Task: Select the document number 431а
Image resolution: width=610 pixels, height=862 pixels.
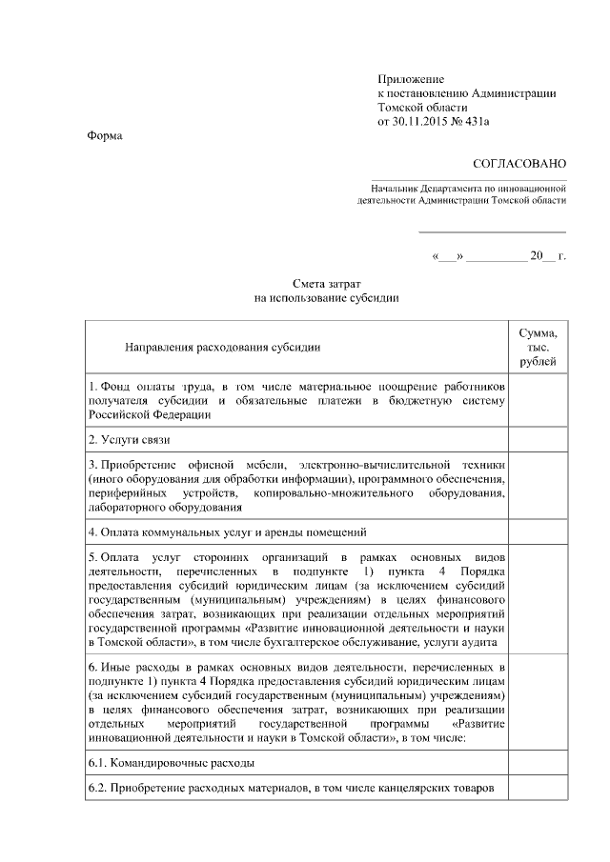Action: coord(484,122)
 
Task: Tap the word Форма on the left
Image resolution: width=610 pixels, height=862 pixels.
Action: coord(104,136)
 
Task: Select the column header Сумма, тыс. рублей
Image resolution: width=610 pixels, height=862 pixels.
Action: coord(538,348)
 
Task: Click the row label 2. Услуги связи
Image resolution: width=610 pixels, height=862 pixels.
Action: coord(130,440)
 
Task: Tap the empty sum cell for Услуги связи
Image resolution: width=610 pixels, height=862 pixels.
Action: coord(538,440)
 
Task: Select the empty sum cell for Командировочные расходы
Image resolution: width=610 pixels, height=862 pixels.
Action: coord(538,763)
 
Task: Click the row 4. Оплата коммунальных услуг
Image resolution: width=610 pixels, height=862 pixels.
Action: coord(228,531)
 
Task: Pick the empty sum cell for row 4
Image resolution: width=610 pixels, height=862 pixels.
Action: coord(538,531)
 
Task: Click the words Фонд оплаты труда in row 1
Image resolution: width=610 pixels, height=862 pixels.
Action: coord(156,387)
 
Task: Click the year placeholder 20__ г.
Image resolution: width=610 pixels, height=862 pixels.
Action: coord(548,257)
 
